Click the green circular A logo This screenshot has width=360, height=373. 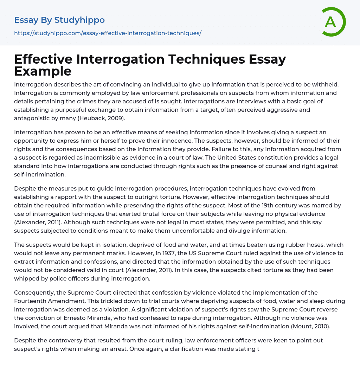[x=333, y=22]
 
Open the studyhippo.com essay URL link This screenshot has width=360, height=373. [x=108, y=33]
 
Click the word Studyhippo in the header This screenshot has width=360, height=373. [x=79, y=20]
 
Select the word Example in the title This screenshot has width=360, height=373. [x=43, y=71]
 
